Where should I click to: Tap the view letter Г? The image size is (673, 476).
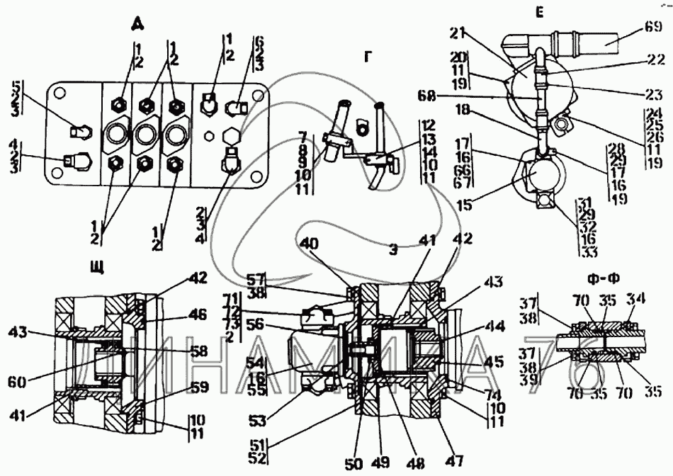pyautogui.click(x=367, y=57)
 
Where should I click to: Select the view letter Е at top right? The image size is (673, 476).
pyautogui.click(x=539, y=13)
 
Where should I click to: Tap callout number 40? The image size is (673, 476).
pyautogui.click(x=309, y=243)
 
